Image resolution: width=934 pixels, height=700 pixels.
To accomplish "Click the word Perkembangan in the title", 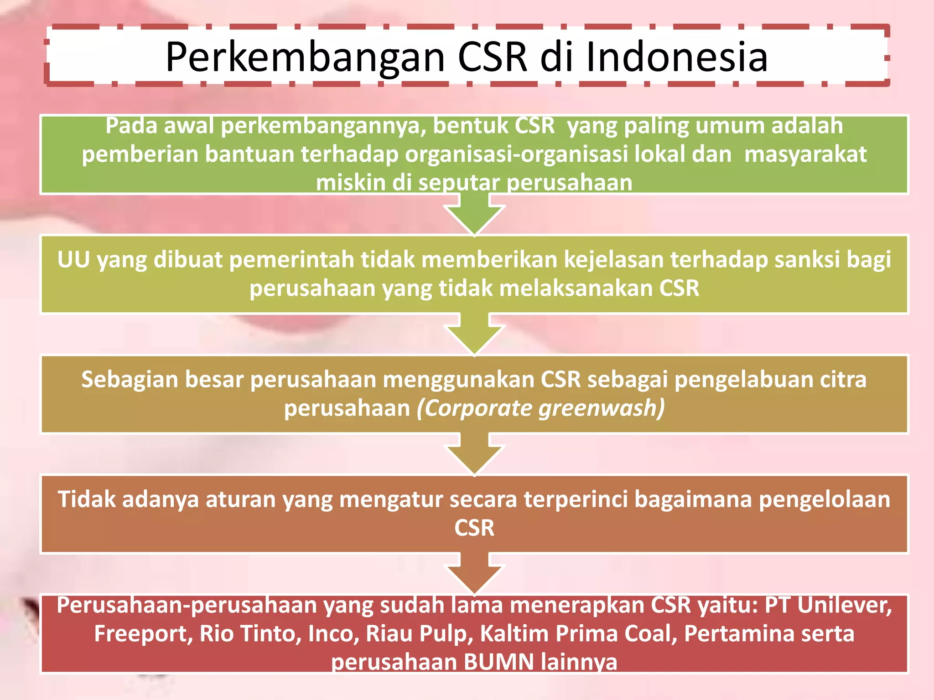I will pos(305,57).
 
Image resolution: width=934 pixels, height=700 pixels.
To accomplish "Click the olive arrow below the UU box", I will pos(474,334).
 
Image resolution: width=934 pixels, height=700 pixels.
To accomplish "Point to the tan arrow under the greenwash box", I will pos(474,454).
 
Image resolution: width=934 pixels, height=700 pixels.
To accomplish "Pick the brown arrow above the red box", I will pos(474,573).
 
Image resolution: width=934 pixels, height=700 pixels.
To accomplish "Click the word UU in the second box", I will pos(73,260).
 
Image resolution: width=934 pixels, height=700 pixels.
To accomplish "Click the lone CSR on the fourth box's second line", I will pos(474,528).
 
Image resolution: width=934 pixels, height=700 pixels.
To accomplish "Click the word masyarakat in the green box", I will pos(805,154).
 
